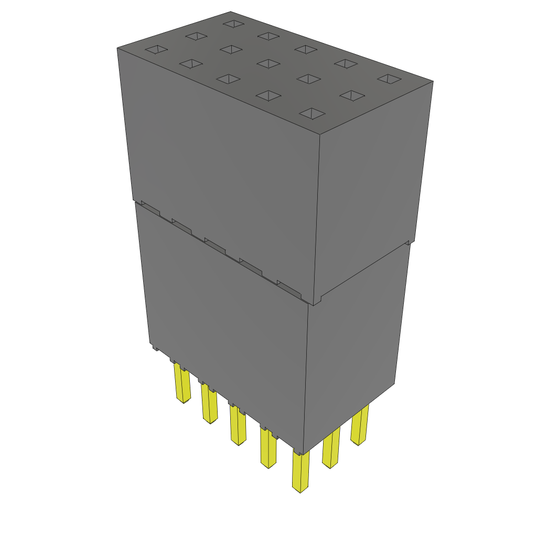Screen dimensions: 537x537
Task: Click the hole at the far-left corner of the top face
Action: pos(156,50)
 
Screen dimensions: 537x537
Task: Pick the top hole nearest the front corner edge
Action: pos(313,113)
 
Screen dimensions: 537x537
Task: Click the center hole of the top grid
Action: pos(268,63)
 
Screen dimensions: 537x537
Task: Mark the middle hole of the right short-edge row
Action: pos(352,95)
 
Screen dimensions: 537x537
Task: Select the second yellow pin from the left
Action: pos(209,404)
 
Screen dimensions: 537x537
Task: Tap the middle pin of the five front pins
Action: pos(238,425)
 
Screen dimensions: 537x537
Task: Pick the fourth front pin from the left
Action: pos(268,448)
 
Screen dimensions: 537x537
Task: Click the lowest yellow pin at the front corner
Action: pos(300,472)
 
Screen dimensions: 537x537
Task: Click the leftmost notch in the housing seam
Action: pos(150,208)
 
